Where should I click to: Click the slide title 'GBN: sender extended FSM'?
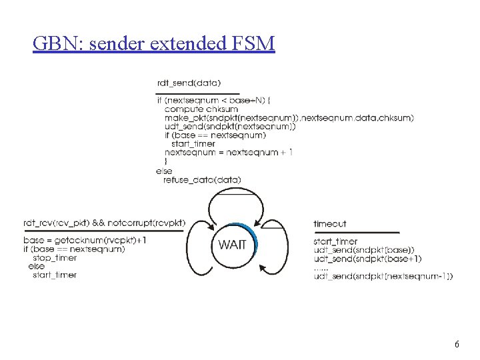[x=153, y=44]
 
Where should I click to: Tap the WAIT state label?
[x=232, y=245]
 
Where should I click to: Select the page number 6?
[x=457, y=345]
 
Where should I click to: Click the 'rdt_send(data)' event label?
[x=189, y=83]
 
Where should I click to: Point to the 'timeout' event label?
[x=330, y=224]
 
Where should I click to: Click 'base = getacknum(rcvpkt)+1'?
[x=84, y=240]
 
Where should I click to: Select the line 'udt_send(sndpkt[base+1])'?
[x=367, y=259]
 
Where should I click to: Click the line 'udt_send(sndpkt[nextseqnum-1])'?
[x=383, y=276]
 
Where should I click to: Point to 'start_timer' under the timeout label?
[x=335, y=241]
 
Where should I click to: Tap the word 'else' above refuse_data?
[x=163, y=171]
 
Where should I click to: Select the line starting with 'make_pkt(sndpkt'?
[x=289, y=117]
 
